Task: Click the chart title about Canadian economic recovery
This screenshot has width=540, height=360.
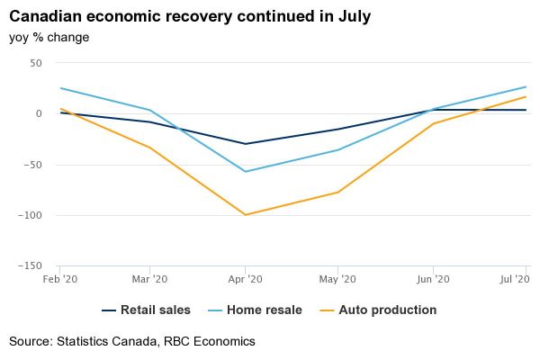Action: coord(190,17)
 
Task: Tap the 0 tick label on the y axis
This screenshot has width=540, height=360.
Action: coord(40,114)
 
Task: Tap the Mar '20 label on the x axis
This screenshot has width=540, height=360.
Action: coord(150,280)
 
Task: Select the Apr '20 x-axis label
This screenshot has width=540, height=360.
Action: coord(245,280)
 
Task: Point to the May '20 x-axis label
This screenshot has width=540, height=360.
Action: coord(338,280)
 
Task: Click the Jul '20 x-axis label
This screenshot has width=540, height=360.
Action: coord(513,280)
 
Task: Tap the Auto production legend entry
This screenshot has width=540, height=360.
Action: coord(384,310)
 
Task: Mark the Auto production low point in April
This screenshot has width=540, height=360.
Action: coord(245,215)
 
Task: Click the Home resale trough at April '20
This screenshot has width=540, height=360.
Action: coord(245,171)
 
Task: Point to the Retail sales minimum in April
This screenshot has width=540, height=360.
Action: coord(245,144)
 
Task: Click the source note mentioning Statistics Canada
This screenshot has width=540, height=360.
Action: coord(132,342)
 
